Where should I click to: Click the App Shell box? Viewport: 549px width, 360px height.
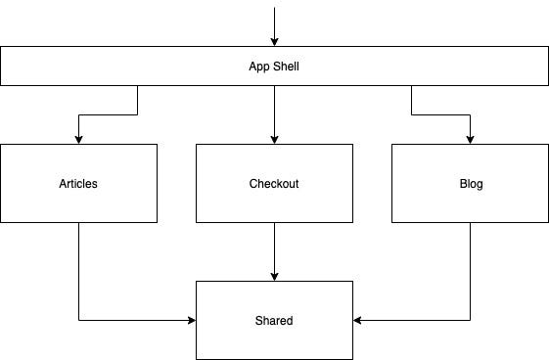tap(440, 66)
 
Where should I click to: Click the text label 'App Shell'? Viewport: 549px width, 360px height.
tap(274, 66)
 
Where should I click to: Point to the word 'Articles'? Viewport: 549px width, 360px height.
tap(78, 183)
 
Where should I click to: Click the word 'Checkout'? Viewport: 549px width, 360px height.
tap(274, 183)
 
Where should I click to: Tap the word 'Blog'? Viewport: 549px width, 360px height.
tap(471, 183)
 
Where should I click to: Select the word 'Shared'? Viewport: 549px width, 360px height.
tap(274, 320)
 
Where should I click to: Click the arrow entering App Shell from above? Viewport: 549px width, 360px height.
tap(274, 24)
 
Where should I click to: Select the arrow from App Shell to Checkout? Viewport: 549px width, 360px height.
tap(274, 112)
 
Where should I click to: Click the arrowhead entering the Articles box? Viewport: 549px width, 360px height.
tap(78, 139)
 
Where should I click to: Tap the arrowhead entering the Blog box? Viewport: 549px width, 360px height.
tap(471, 139)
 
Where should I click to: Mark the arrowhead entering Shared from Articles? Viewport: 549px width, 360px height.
tap(191, 320)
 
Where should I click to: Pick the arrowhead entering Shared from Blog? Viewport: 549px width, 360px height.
tap(358, 320)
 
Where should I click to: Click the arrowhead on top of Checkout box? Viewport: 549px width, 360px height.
tap(274, 139)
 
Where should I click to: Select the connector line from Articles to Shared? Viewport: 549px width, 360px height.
tap(78, 274)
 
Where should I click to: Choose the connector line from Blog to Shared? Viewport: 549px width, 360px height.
tap(471, 274)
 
